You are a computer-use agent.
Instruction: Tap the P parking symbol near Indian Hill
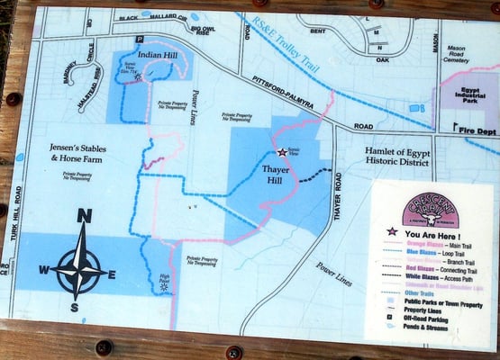point(139,40)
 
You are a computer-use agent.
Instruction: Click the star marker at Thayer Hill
point(281,153)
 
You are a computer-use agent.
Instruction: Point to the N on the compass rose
point(84,216)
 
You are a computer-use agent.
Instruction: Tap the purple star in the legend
point(392,232)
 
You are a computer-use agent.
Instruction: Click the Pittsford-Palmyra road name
point(280,93)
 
